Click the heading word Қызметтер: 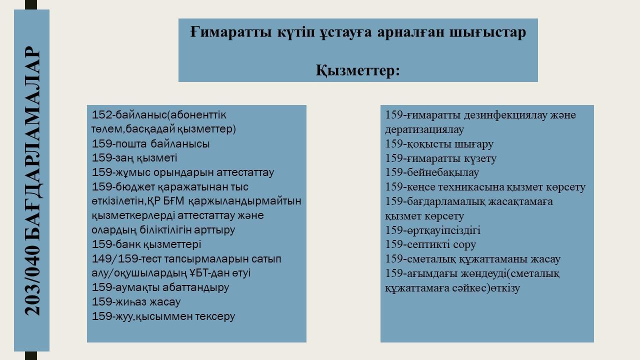(357, 70)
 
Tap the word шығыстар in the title (487, 32)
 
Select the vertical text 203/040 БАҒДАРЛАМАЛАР (32, 180)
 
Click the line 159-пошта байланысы (150, 143)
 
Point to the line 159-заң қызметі (134, 158)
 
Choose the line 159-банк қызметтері (146, 244)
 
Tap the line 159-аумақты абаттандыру (160, 287)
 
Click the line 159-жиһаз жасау (136, 301)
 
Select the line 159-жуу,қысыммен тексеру (163, 316)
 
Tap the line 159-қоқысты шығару (439, 144)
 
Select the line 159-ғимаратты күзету (441, 158)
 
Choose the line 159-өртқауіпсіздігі (433, 230)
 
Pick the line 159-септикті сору (430, 244)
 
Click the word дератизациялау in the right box (424, 129)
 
